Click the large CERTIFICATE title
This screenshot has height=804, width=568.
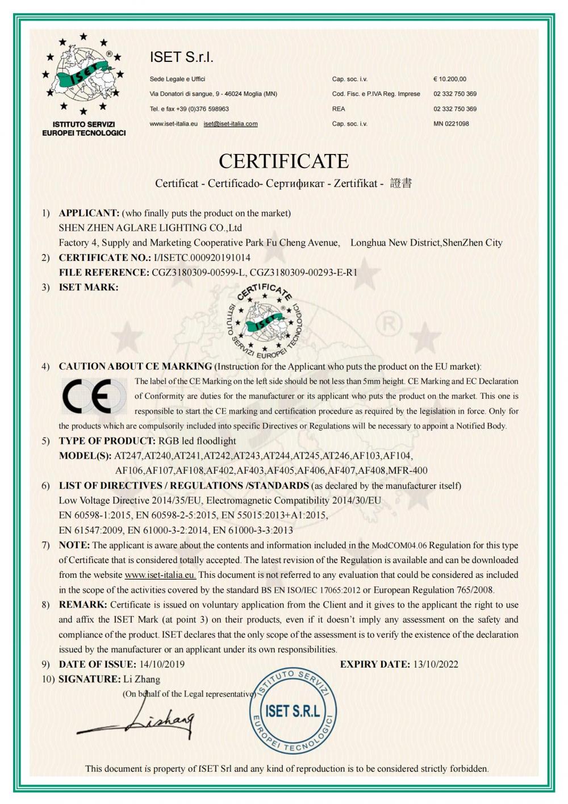tap(283, 161)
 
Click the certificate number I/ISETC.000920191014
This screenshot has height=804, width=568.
tap(202, 257)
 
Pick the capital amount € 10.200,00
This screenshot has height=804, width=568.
tap(450, 79)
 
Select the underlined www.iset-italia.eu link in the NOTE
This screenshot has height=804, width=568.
tap(160, 575)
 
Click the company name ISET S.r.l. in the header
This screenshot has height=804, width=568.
tap(181, 57)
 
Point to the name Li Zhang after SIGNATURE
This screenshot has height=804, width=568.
tap(141, 679)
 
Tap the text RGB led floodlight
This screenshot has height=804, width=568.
tap(197, 441)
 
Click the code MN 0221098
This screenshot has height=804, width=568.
tap(451, 124)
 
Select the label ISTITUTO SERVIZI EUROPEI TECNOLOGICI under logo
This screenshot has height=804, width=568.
tap(84, 128)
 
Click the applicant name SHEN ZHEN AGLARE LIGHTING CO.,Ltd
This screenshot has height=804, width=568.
tap(151, 228)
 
